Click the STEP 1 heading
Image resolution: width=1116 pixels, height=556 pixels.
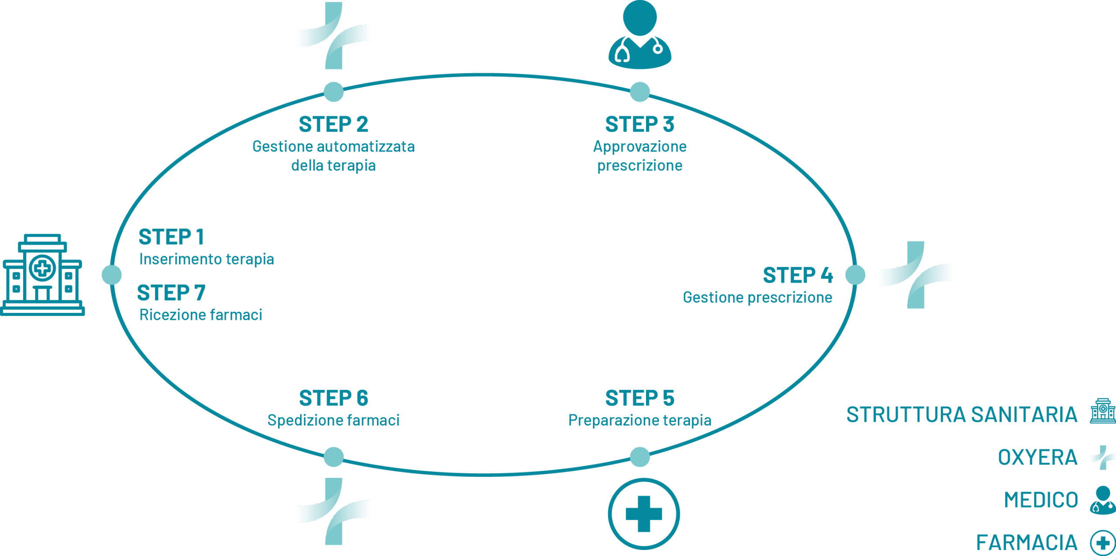point(171,237)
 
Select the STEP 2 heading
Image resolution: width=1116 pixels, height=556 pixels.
point(333,125)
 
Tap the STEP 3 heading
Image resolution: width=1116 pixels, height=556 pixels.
point(640,125)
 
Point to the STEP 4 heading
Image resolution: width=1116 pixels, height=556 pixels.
point(797,275)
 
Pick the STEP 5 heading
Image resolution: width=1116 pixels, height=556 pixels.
point(640,398)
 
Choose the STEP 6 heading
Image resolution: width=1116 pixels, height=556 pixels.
point(333,398)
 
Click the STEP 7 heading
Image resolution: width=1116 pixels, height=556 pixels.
point(171,293)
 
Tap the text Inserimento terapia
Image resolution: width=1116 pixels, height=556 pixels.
point(206,259)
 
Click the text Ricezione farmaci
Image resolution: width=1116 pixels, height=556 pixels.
point(201,315)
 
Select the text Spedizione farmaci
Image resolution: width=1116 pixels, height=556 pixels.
point(333,420)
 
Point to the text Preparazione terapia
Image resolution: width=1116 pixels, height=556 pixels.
point(640,420)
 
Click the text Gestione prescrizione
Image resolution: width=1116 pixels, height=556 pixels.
point(757,297)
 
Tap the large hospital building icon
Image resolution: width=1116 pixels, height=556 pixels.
point(42,275)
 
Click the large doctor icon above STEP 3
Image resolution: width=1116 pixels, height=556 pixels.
point(640,35)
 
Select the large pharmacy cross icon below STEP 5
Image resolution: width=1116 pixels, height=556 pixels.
point(643,514)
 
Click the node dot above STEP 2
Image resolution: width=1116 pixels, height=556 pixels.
point(334,92)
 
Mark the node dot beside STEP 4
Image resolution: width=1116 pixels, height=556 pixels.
point(855,275)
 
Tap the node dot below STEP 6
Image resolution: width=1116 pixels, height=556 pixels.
point(334,457)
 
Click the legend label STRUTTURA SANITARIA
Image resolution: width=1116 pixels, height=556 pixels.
point(962,414)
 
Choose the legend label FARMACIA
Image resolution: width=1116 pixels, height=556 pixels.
point(1027,543)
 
